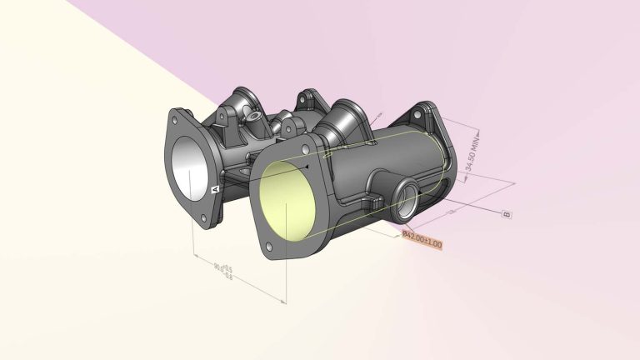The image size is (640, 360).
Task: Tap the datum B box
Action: [x=506, y=214]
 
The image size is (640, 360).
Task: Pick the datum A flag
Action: [x=215, y=191]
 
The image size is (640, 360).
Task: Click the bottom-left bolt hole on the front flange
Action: [x=269, y=247]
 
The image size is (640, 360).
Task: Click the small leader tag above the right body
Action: [x=380, y=112]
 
